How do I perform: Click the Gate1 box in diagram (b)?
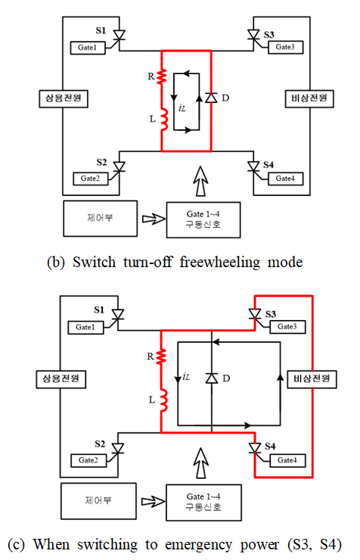(88, 48)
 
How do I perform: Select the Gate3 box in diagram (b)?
(285, 47)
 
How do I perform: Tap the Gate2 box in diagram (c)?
(88, 460)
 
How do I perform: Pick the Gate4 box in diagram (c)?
(287, 460)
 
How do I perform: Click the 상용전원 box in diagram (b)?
(64, 98)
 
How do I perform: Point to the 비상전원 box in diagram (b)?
(309, 98)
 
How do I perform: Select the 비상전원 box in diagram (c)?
(312, 379)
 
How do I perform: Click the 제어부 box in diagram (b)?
(101, 218)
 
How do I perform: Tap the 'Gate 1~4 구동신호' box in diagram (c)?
(203, 502)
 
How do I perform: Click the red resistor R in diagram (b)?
(162, 76)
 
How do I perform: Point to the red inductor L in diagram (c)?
(163, 400)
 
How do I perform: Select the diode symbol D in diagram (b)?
(211, 98)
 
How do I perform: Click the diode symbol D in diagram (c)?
(212, 378)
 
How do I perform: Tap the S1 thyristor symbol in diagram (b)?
(119, 35)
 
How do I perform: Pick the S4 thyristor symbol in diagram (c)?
(255, 448)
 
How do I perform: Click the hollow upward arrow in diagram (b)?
(201, 181)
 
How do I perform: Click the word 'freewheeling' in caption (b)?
(220, 262)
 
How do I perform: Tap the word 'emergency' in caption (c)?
(198, 545)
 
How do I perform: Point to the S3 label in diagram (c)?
(271, 314)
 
